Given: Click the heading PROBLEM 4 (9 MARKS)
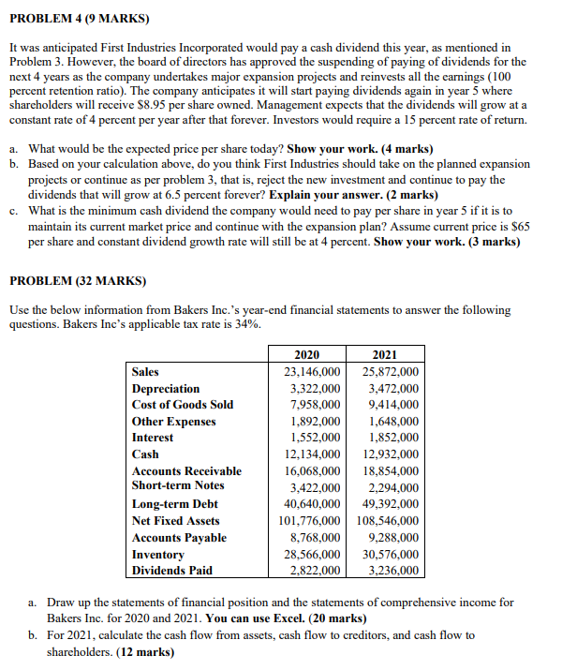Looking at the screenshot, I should coord(72,18).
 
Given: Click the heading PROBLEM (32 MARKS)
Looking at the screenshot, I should coord(77,280).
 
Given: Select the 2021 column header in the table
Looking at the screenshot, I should coord(384,354).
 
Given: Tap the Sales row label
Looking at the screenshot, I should coord(145,371).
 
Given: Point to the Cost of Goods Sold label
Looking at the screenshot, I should coord(183,405).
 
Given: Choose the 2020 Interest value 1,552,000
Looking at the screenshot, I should coord(314,438).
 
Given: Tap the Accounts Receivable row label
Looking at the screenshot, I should coord(186,471).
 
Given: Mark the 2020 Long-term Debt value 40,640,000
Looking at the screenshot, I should coord(311,504).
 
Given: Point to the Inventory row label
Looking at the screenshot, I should coord(157,555).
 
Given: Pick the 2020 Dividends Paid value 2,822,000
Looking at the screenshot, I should coord(314,571).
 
